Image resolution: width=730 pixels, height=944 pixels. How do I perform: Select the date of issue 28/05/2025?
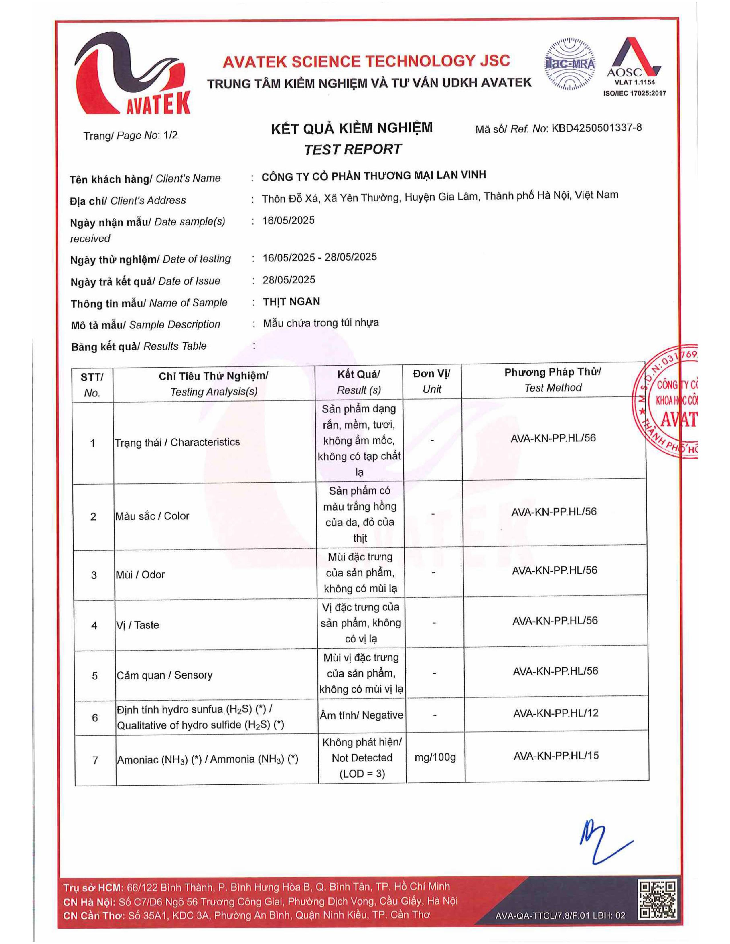point(289,280)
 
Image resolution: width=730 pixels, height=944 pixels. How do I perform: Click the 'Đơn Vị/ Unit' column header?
point(432,381)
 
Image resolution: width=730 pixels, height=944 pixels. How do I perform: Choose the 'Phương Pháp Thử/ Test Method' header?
point(553,380)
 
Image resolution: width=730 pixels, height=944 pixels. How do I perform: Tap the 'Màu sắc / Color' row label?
point(152,516)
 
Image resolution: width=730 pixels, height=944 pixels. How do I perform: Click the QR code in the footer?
point(658,899)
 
